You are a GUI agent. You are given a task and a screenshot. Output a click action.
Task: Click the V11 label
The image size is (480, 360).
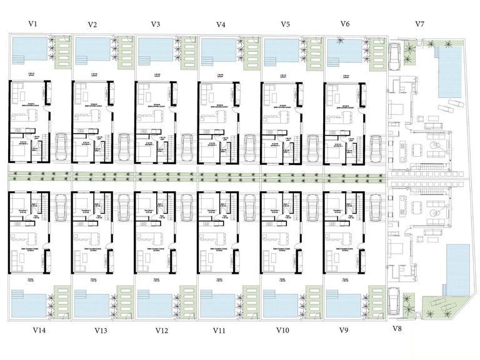click(219, 329)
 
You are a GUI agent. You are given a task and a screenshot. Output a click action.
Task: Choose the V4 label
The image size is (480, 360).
click(221, 25)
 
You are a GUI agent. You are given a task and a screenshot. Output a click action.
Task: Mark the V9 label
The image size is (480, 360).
click(343, 329)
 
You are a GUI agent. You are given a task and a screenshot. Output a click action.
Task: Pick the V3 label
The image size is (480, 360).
click(156, 24)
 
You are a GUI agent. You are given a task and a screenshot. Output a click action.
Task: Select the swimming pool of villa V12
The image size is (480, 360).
click(154, 304)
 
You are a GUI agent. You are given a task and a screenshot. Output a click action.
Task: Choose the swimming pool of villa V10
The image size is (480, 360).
click(280, 304)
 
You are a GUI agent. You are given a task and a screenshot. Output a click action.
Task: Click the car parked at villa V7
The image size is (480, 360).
click(396, 56)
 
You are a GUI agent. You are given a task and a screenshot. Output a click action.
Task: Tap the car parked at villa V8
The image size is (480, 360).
click(396, 301)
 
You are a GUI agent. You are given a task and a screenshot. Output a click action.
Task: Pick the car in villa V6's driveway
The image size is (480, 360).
click(376, 147)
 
